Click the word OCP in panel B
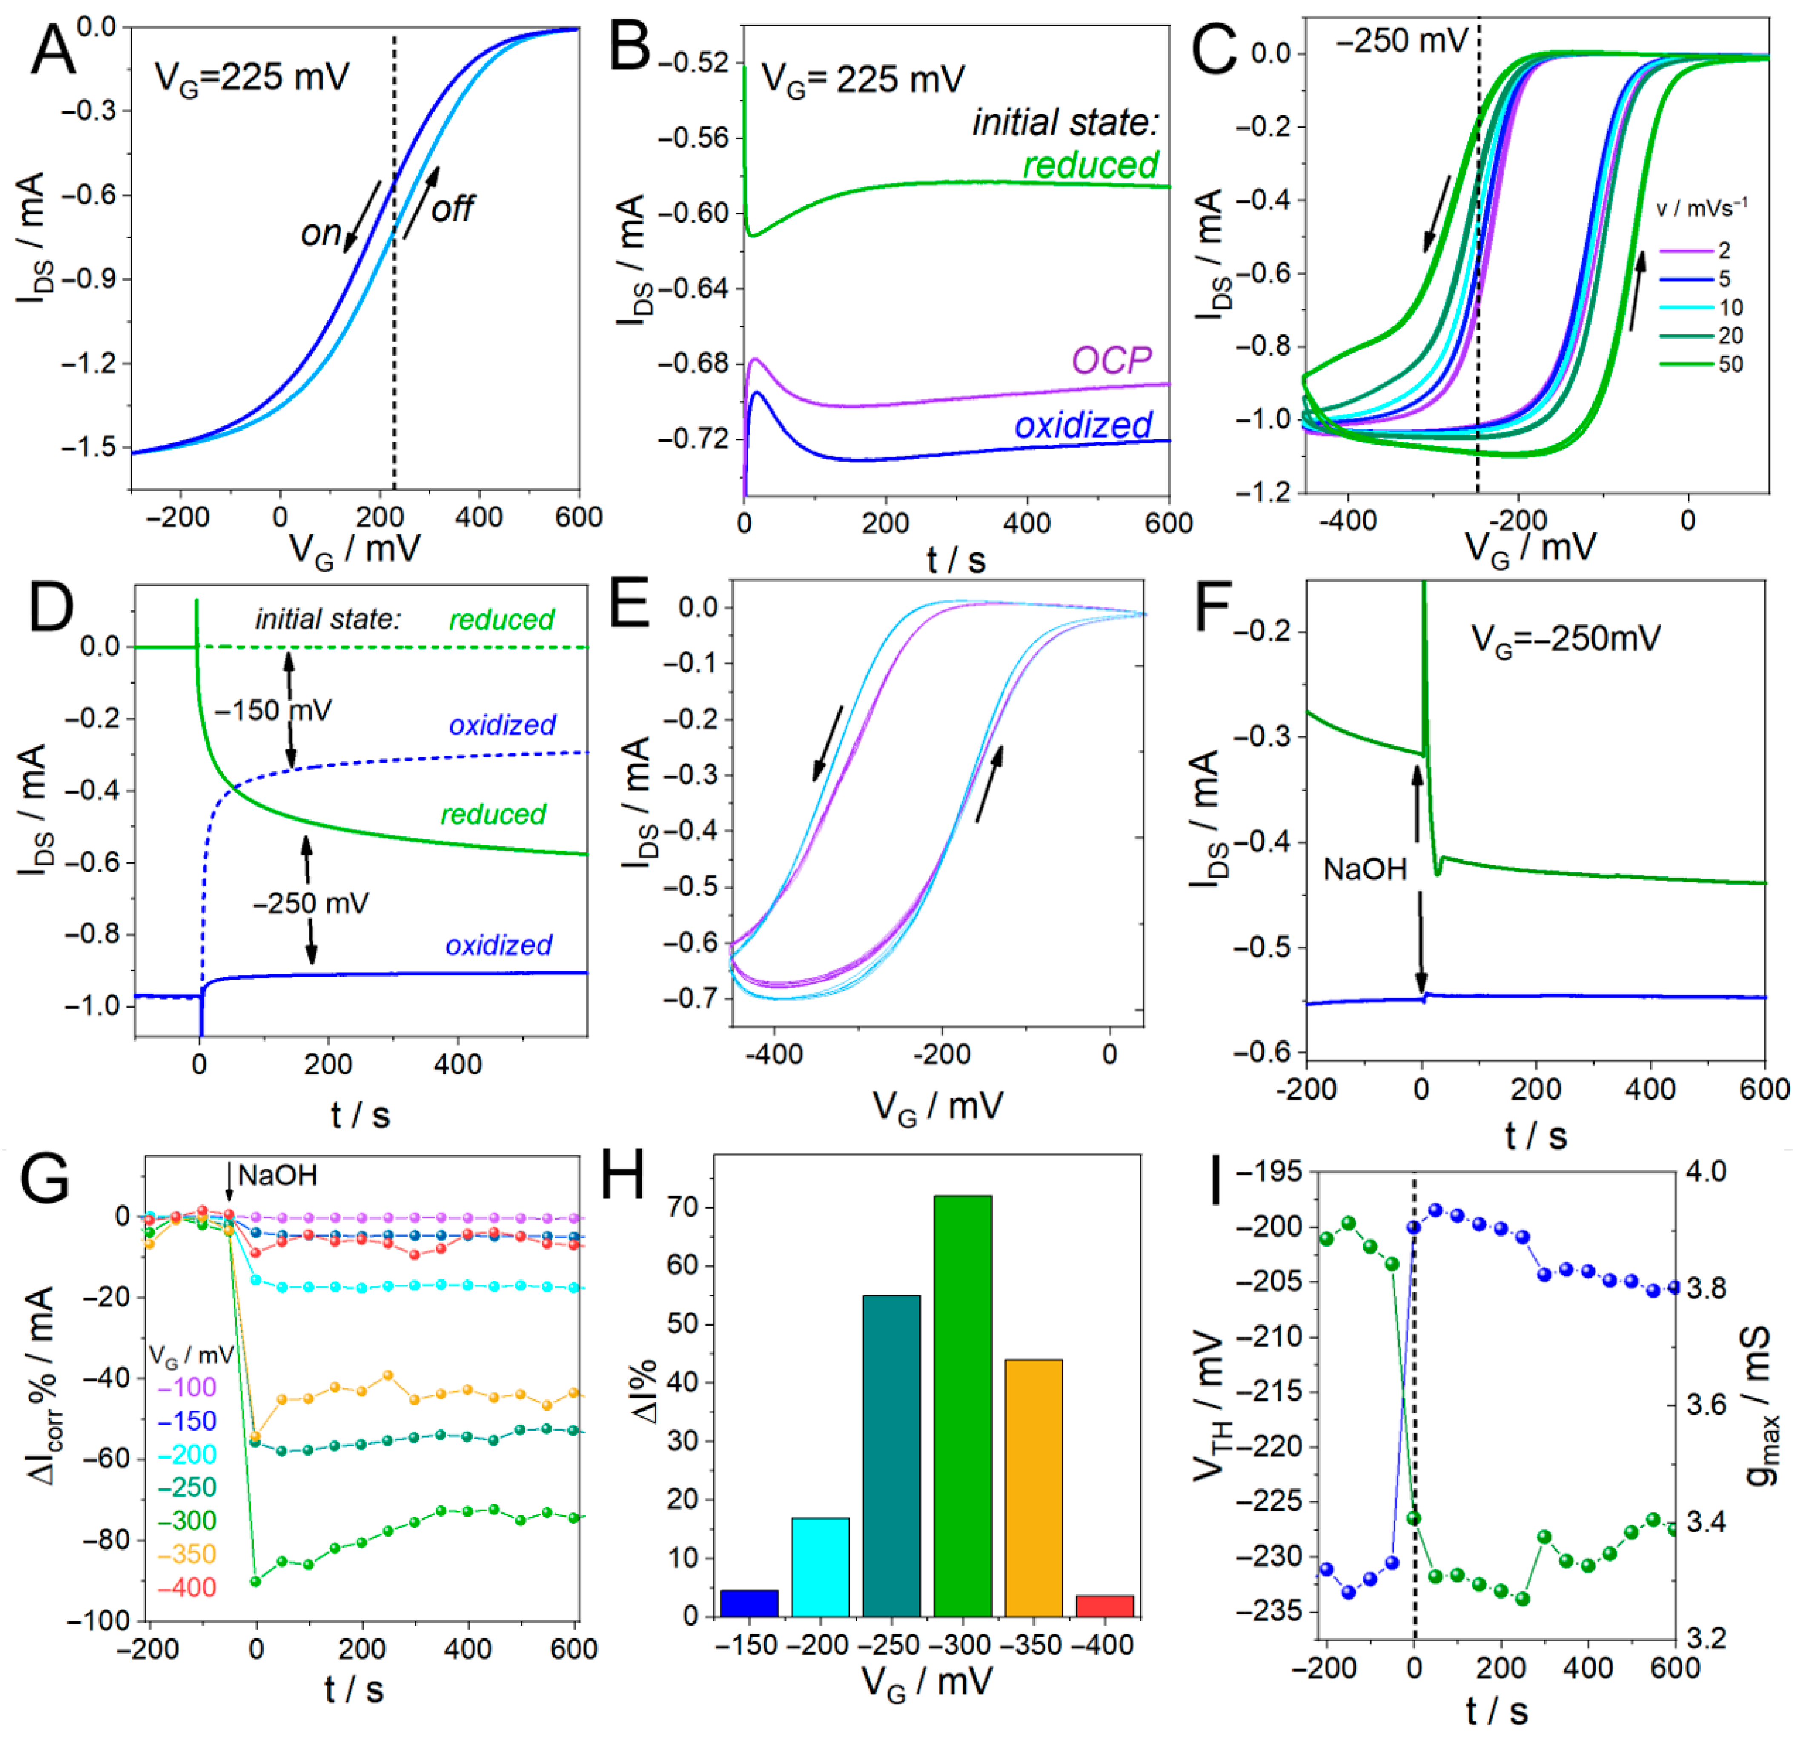point(1111,360)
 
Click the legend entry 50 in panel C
point(1730,364)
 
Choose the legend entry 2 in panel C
point(1724,250)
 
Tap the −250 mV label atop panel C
point(1402,41)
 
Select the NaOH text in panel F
point(1364,869)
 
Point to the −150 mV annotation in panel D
point(273,710)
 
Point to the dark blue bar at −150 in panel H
point(750,1604)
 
